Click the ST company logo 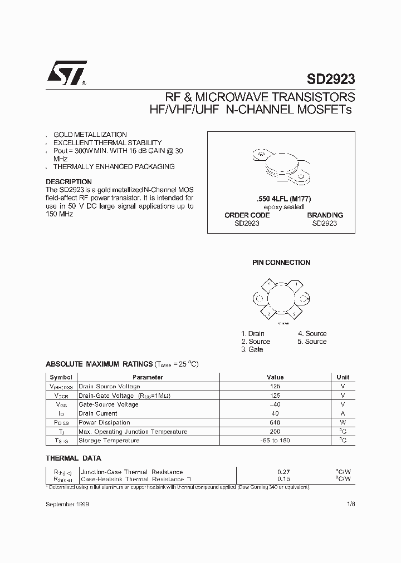(65, 72)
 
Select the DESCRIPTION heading (69, 182)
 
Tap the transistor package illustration (281, 166)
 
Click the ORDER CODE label (247, 215)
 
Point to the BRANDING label (325, 215)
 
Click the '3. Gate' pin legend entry (252, 349)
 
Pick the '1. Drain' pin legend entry (253, 334)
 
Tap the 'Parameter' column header (148, 377)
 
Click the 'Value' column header (275, 377)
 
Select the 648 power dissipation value (275, 422)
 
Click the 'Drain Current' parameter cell (98, 413)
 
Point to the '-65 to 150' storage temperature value (275, 441)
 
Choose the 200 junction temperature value (275, 432)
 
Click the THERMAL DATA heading (73, 458)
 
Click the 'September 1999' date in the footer (67, 503)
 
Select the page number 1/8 (350, 503)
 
